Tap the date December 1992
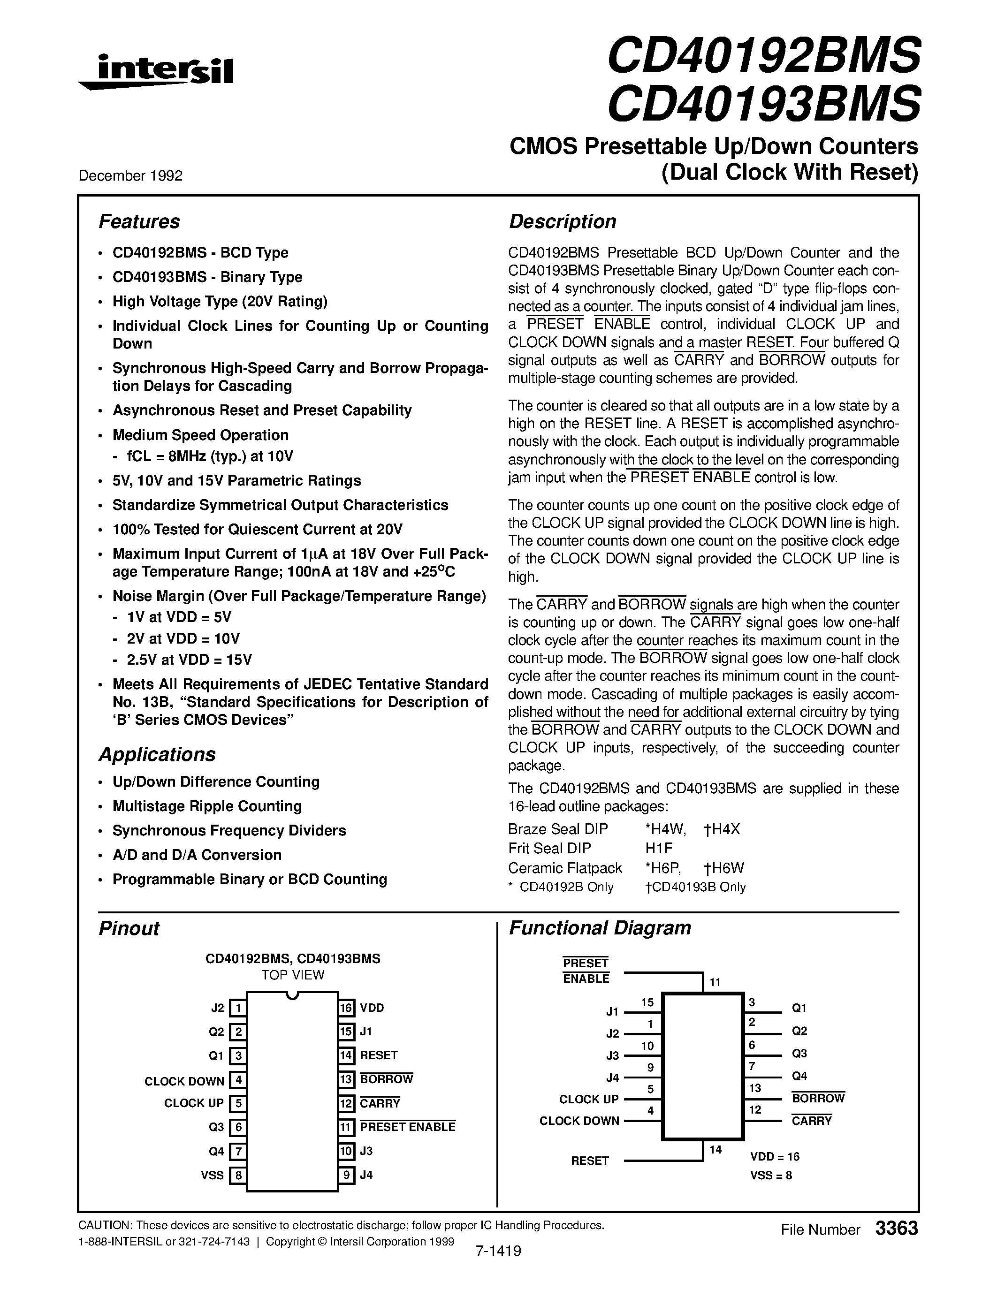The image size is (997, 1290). (130, 175)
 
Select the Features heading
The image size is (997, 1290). (139, 221)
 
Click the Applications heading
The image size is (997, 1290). (157, 754)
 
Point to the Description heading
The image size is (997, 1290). (562, 221)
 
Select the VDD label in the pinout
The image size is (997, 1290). (372, 1008)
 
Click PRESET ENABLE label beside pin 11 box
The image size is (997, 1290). (408, 1127)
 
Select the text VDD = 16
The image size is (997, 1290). (775, 1156)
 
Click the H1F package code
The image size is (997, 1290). (659, 848)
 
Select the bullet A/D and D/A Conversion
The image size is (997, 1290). (197, 855)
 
